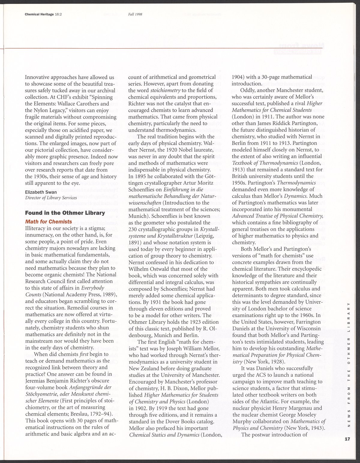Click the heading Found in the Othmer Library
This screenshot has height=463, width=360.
[65, 213]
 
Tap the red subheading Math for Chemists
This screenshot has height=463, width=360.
[48, 222]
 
